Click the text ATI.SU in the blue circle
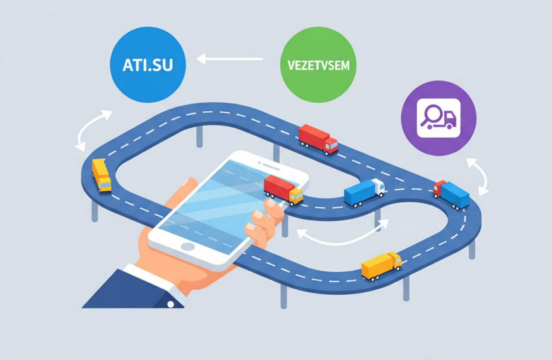click(x=148, y=65)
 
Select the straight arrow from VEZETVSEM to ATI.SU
click(x=230, y=59)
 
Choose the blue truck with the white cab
click(x=363, y=191)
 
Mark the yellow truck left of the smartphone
click(x=101, y=175)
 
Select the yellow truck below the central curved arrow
click(x=381, y=265)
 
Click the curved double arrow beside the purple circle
click(x=477, y=177)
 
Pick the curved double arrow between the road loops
click(x=342, y=232)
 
